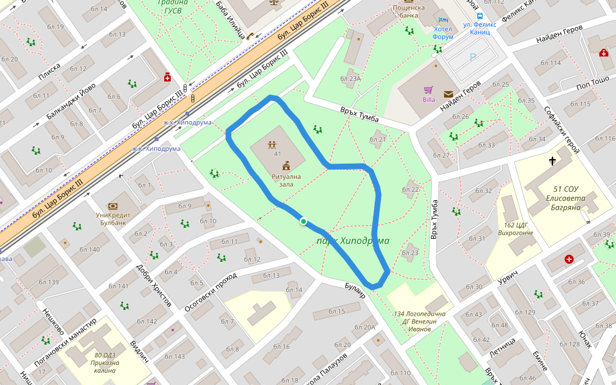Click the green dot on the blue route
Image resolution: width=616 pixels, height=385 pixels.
[303, 221]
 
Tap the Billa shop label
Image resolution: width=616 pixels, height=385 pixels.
[429, 99]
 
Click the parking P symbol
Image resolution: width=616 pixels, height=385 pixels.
[473, 58]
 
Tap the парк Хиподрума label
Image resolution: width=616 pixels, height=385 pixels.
[352, 241]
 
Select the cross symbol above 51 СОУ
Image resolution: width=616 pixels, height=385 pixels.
[552, 160]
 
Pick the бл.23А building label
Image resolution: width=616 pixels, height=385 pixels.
[351, 78]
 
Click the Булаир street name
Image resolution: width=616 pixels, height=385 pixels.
[355, 289]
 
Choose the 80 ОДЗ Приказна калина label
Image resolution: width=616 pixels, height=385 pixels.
[107, 363]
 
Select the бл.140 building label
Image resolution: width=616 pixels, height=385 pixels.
[89, 250]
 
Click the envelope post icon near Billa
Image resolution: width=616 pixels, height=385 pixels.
[448, 94]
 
